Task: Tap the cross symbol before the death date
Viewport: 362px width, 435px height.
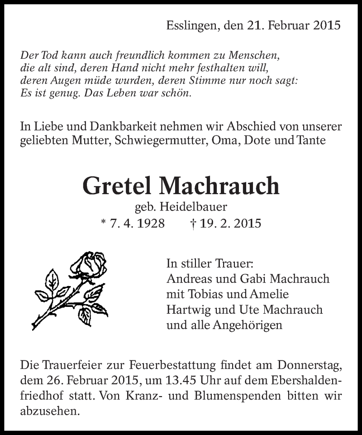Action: (x=193, y=224)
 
